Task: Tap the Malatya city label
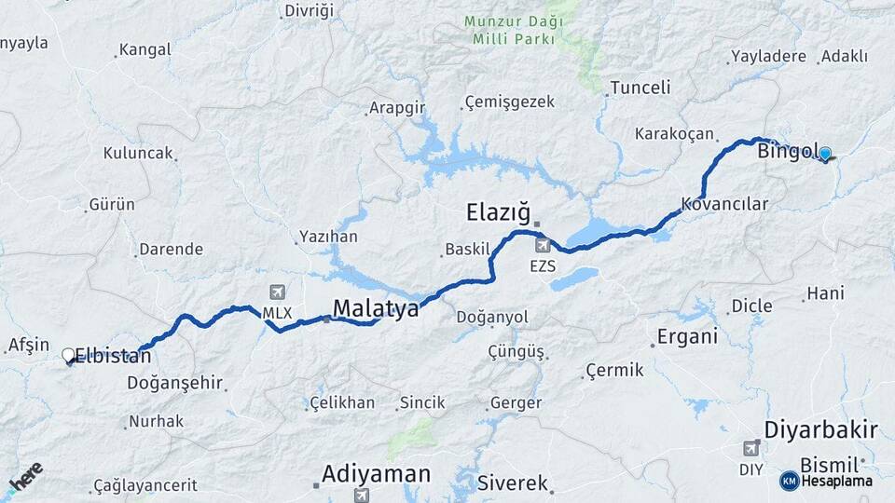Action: click(x=376, y=308)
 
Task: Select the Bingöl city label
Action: click(x=788, y=151)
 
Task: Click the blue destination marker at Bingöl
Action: click(x=824, y=154)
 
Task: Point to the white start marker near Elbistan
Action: click(x=68, y=355)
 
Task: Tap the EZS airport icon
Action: click(x=543, y=246)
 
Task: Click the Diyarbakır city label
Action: click(x=820, y=429)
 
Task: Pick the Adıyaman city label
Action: click(x=376, y=473)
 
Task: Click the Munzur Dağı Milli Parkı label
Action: click(x=514, y=29)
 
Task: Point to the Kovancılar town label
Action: click(x=724, y=203)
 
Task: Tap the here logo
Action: click(x=25, y=476)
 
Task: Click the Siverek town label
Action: click(x=512, y=483)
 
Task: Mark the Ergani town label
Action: click(x=687, y=336)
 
